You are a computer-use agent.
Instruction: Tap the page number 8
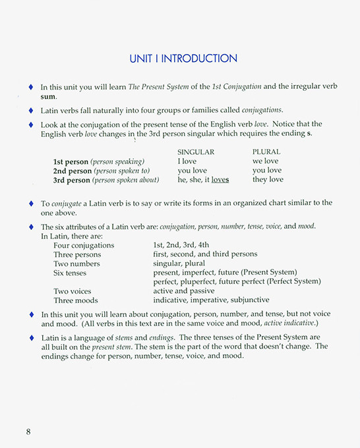tap(28, 432)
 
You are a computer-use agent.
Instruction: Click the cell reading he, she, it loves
tap(203, 179)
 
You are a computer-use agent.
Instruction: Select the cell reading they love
tap(268, 179)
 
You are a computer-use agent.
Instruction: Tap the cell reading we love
tap(265, 161)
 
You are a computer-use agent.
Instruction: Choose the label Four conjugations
tap(84, 245)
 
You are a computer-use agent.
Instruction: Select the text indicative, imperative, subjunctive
tap(211, 300)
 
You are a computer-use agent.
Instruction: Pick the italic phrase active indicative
tap(291, 324)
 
